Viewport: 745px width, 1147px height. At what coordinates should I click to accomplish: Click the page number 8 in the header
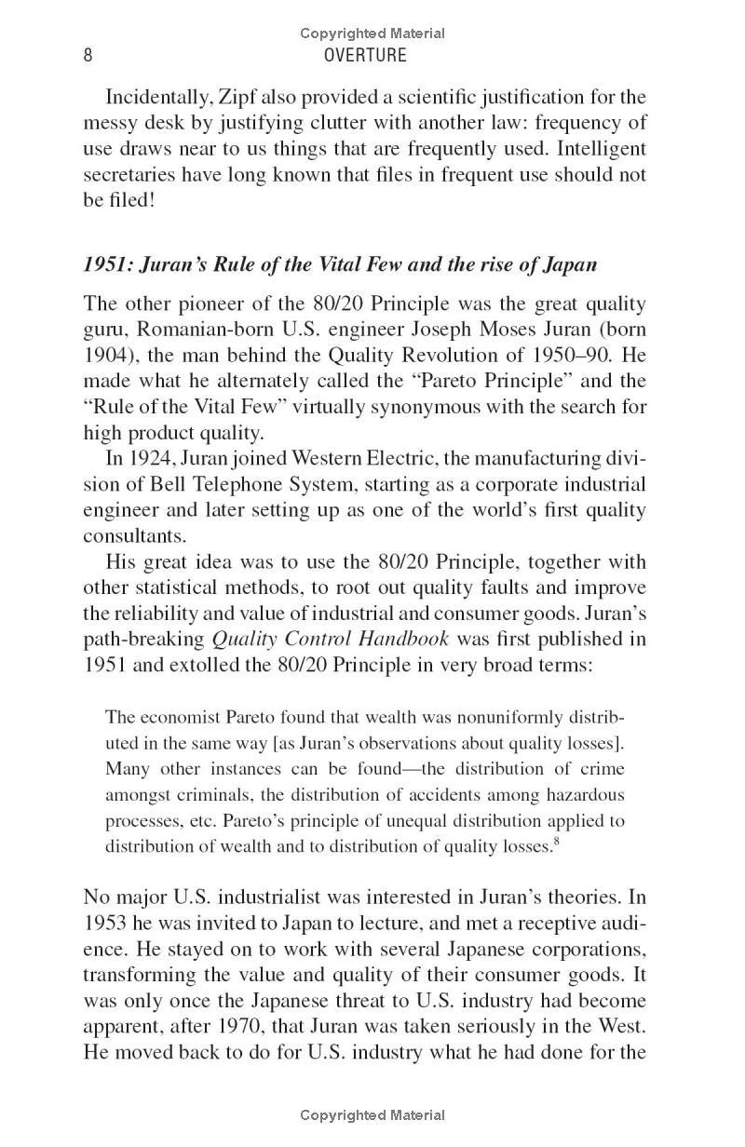[88, 55]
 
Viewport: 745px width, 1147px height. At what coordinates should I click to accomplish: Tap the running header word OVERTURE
[365, 55]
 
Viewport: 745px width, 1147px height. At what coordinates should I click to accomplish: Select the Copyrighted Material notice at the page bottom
[372, 1114]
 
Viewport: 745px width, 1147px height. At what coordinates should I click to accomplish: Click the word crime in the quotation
[603, 769]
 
